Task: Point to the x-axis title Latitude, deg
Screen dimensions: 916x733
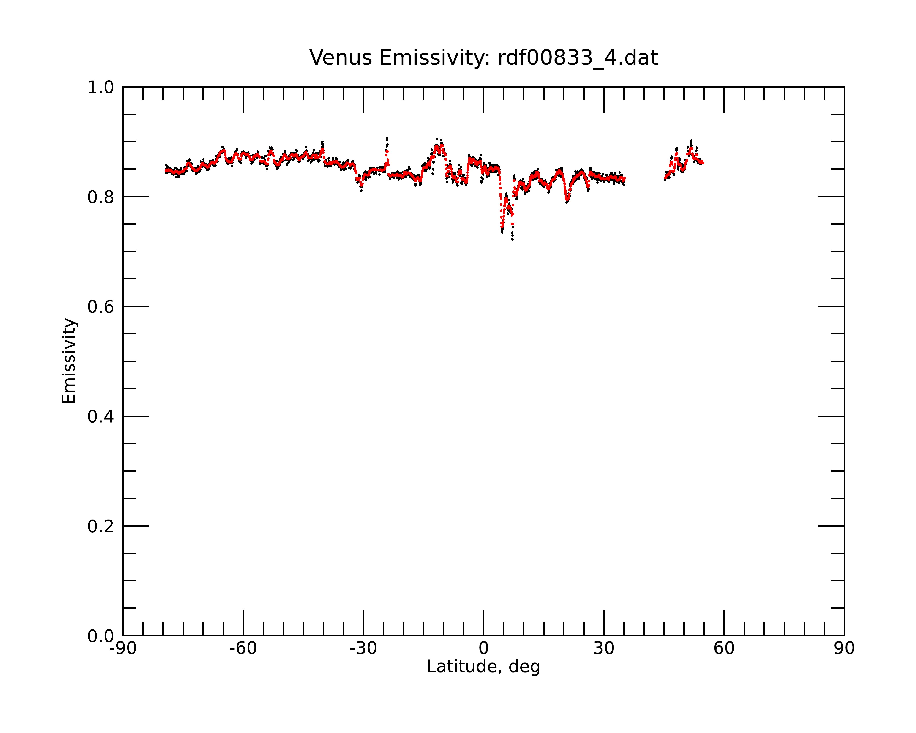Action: coord(483,667)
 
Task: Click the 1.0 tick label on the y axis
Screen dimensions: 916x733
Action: coord(101,88)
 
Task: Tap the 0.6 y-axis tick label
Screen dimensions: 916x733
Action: coord(101,307)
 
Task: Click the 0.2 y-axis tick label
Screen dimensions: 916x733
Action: coord(101,526)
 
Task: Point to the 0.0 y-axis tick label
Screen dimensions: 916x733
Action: coord(101,636)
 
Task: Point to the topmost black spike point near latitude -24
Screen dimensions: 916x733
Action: coord(387,138)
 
